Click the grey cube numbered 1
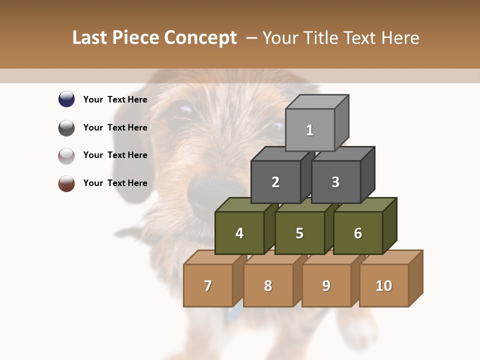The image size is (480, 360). coord(310,130)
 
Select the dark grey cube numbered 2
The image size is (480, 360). coord(275,182)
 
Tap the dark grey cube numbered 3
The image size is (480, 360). coord(335,182)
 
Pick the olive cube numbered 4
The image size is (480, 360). coord(239,233)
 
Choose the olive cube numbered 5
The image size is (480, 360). coord(299,233)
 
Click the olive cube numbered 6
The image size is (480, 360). coord(358,233)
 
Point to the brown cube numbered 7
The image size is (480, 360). coord(208,285)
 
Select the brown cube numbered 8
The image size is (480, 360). coord(268,285)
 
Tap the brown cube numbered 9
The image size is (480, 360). coord(326,285)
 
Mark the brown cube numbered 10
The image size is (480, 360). coord(384,285)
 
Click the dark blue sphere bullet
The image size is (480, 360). coord(66,99)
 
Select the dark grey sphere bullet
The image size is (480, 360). coord(66,127)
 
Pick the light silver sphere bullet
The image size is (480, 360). coord(66,155)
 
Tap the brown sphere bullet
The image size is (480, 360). coord(66,183)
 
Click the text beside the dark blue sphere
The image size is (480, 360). coord(115,99)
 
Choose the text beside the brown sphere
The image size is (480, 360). coord(115,183)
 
